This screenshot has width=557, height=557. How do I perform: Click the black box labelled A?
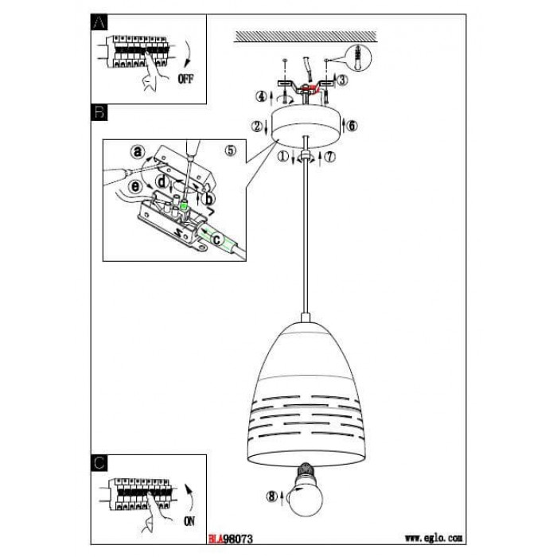[99, 23]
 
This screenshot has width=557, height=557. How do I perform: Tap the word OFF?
[185, 78]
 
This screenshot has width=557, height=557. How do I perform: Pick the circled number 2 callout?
[256, 126]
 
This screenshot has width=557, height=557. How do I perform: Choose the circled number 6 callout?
[353, 126]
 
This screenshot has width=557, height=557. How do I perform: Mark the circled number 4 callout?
[259, 97]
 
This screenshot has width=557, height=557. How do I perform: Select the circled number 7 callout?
[331, 157]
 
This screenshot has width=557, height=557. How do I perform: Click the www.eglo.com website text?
[434, 538]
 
